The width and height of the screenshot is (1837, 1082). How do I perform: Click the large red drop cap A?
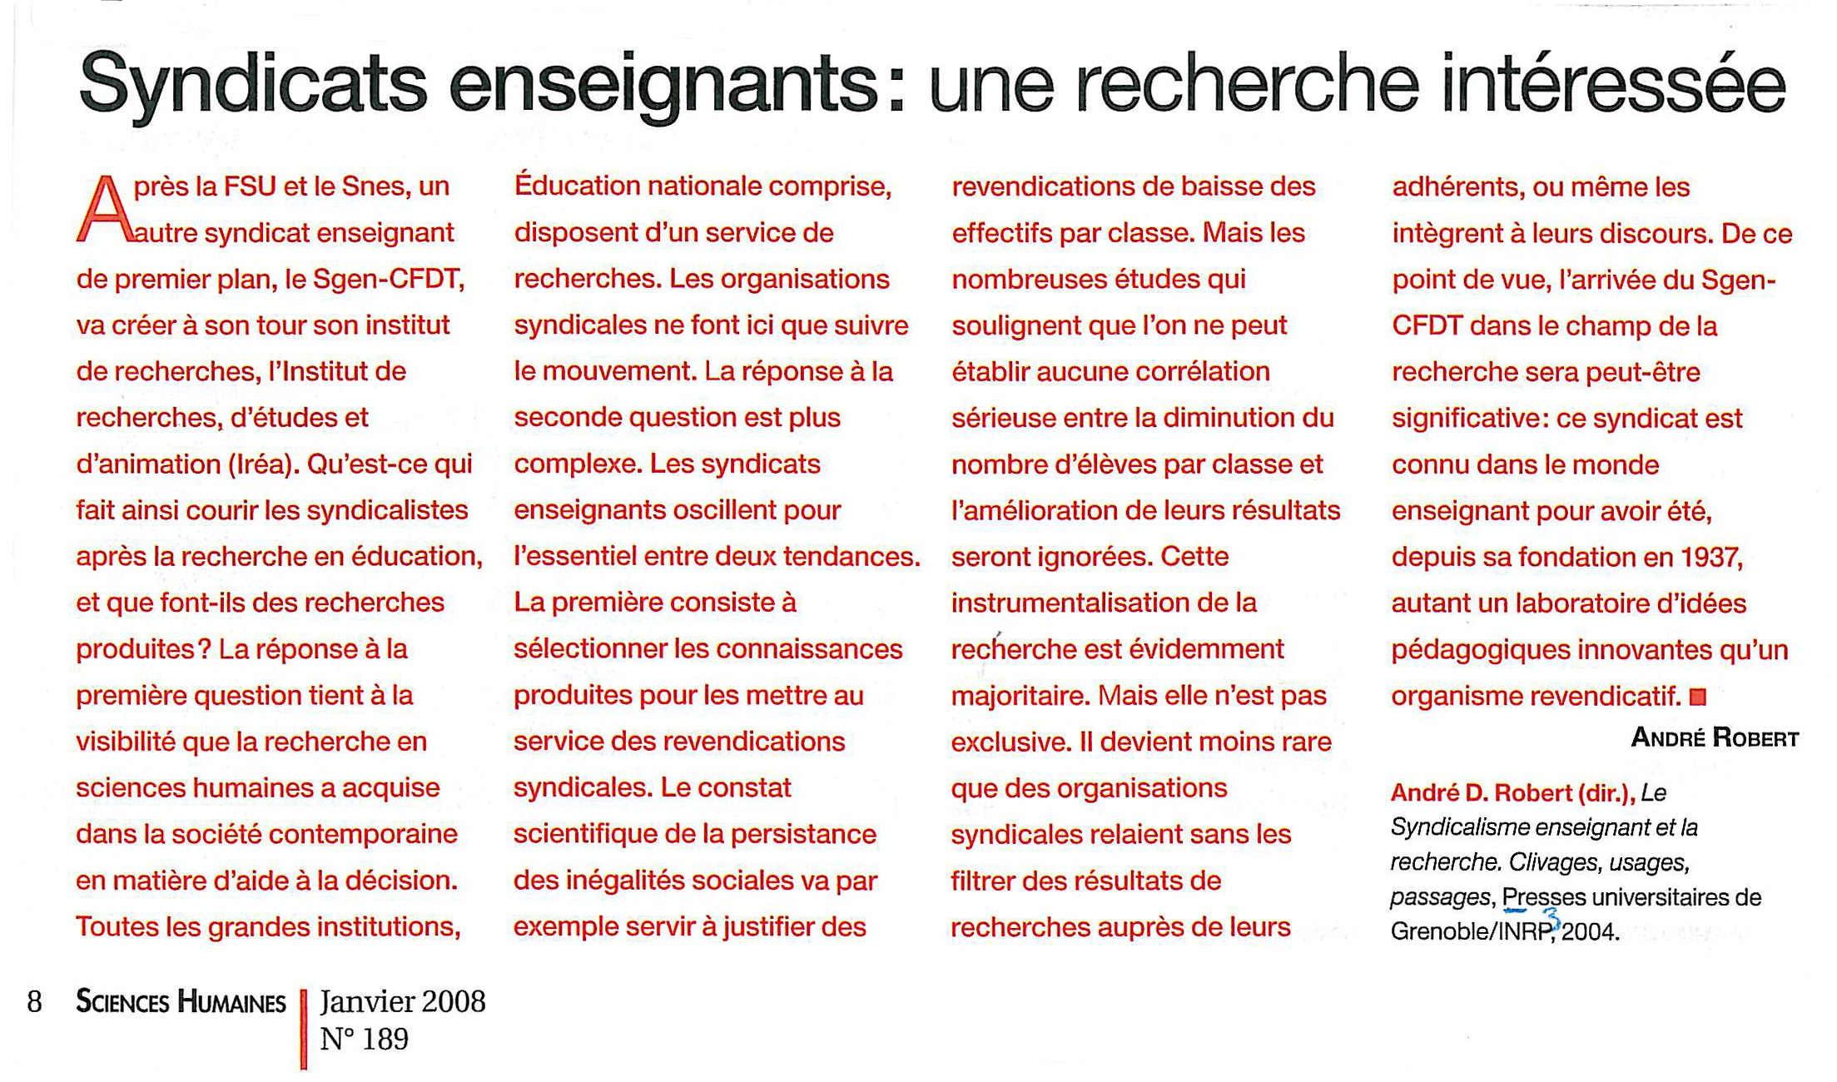point(104,210)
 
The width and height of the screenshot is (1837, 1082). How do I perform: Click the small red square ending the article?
point(1698,697)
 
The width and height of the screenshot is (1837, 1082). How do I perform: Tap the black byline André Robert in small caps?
point(1714,738)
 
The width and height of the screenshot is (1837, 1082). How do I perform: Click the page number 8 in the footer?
point(34,1001)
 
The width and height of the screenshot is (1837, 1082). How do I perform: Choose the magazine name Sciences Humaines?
point(181,1002)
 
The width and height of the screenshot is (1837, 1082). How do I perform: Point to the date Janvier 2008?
point(403,1001)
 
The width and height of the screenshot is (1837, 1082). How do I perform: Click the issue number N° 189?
point(365,1040)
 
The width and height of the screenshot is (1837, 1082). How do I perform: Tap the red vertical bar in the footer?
point(304,1029)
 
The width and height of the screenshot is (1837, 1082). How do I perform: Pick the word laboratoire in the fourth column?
point(1578,603)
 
